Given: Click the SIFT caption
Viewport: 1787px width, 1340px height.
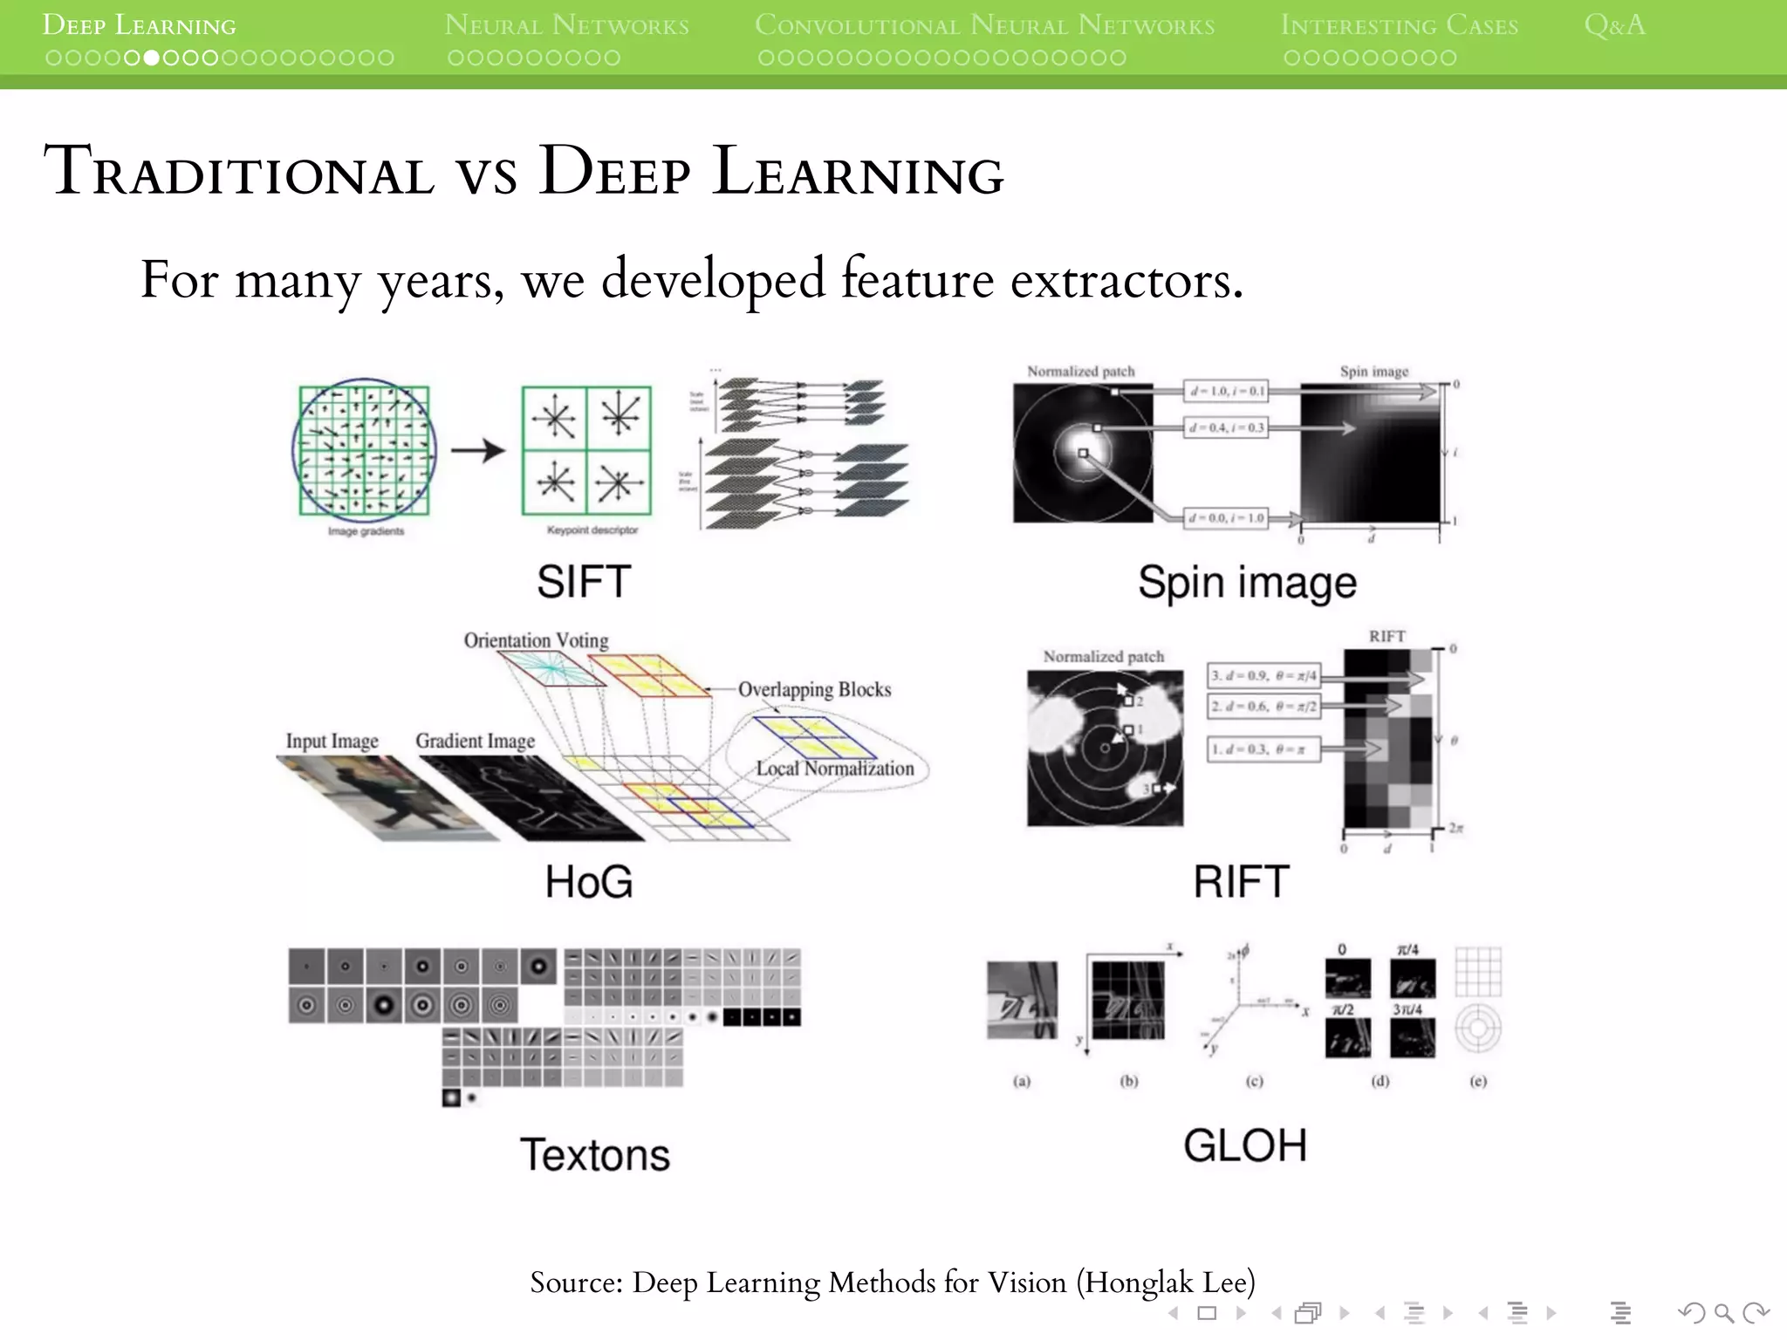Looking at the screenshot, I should [584, 582].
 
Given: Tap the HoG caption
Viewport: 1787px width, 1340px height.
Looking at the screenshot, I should [589, 882].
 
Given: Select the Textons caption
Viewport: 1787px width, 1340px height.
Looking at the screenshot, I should [595, 1155].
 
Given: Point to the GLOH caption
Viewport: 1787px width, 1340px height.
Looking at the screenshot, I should [1245, 1145].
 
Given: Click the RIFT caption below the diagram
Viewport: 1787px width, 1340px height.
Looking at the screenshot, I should [1241, 882].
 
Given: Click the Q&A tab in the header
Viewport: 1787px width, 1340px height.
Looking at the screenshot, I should [1614, 25].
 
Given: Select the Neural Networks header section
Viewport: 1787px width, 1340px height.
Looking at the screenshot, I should [566, 25].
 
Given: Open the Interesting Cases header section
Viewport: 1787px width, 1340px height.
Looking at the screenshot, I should [1399, 25].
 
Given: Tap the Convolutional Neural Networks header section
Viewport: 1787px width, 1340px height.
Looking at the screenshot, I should [984, 25].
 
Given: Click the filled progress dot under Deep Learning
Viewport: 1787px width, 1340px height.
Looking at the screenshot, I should [151, 58].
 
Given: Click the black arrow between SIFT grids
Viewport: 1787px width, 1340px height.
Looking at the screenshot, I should [478, 450].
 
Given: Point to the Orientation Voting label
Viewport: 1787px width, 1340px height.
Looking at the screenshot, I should [536, 640].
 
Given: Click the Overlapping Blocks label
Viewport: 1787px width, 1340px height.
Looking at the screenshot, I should [814, 689].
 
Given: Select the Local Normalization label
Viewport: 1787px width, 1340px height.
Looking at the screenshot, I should [835, 769].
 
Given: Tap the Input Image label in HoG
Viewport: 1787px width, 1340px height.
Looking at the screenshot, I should [332, 741].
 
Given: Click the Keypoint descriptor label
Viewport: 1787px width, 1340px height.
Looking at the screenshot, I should [592, 530].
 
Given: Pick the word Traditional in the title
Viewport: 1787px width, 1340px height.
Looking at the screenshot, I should [239, 171].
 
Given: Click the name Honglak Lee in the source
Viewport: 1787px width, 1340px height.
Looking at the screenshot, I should [1165, 1282].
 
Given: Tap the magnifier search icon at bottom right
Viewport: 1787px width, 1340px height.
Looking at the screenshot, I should [1723, 1313].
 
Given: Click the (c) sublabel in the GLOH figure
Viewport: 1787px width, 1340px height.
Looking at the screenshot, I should [1254, 1081].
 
